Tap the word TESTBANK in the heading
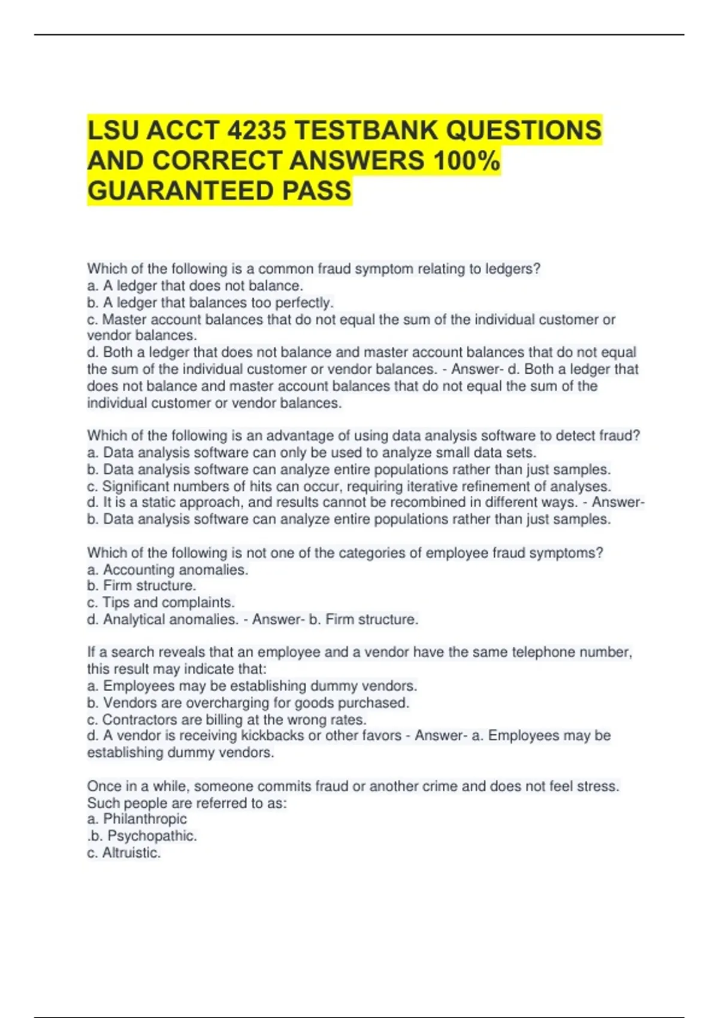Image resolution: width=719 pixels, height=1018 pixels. pyautogui.click(x=366, y=131)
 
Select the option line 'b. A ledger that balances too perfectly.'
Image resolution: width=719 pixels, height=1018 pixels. pyautogui.click(x=210, y=302)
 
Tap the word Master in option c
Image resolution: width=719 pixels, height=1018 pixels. pyautogui.click(x=125, y=319)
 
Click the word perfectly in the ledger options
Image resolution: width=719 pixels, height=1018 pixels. pyautogui.click(x=305, y=302)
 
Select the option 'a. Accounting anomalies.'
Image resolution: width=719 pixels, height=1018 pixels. pyautogui.click(x=167, y=569)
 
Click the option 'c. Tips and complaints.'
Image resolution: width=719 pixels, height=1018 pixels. pyautogui.click(x=161, y=602)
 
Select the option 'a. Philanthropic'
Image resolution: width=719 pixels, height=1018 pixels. pyautogui.click(x=137, y=819)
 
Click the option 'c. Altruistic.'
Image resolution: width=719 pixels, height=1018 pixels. pyautogui.click(x=124, y=853)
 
